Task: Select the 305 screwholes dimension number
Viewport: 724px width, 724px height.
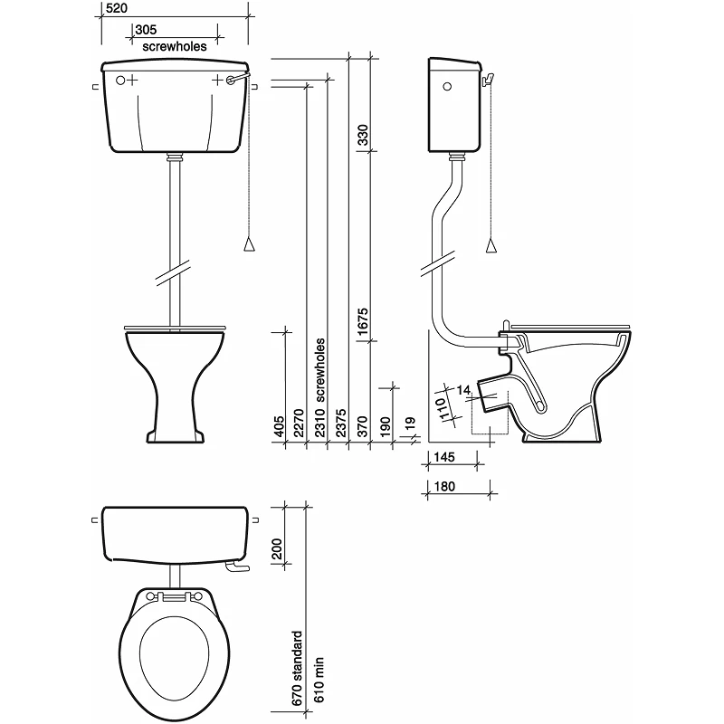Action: pyautogui.click(x=145, y=29)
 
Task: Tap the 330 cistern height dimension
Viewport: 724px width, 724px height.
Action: pyautogui.click(x=362, y=136)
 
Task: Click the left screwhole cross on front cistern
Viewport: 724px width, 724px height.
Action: pyautogui.click(x=132, y=80)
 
